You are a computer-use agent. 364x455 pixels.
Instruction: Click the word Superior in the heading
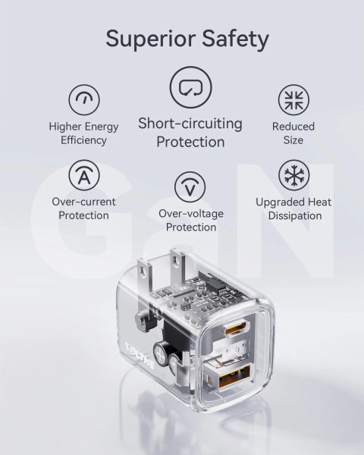point(150,39)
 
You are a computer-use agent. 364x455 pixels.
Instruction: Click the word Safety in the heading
point(235,39)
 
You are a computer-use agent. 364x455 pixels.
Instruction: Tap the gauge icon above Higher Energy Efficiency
point(84,99)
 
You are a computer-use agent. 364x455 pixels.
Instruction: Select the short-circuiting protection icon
point(190,87)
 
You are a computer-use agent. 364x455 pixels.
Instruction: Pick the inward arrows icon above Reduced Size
point(293,99)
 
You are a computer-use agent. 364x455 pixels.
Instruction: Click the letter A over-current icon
point(84,175)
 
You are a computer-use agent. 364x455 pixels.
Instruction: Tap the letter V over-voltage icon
point(190,187)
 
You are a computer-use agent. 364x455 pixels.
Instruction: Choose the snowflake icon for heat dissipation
point(294,175)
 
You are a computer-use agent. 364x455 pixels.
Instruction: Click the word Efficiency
point(83,140)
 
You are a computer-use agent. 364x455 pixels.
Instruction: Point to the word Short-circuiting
point(190,124)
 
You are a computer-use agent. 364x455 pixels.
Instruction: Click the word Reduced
point(293,126)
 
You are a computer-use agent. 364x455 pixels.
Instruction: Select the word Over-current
point(83,202)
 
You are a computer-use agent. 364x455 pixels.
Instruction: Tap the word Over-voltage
point(191,214)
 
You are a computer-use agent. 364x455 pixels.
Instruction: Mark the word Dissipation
point(295,215)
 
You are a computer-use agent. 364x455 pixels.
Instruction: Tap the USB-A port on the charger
point(234,376)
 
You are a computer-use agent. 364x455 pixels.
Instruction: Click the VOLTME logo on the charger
point(140,356)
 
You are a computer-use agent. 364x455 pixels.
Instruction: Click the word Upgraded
point(280,202)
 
